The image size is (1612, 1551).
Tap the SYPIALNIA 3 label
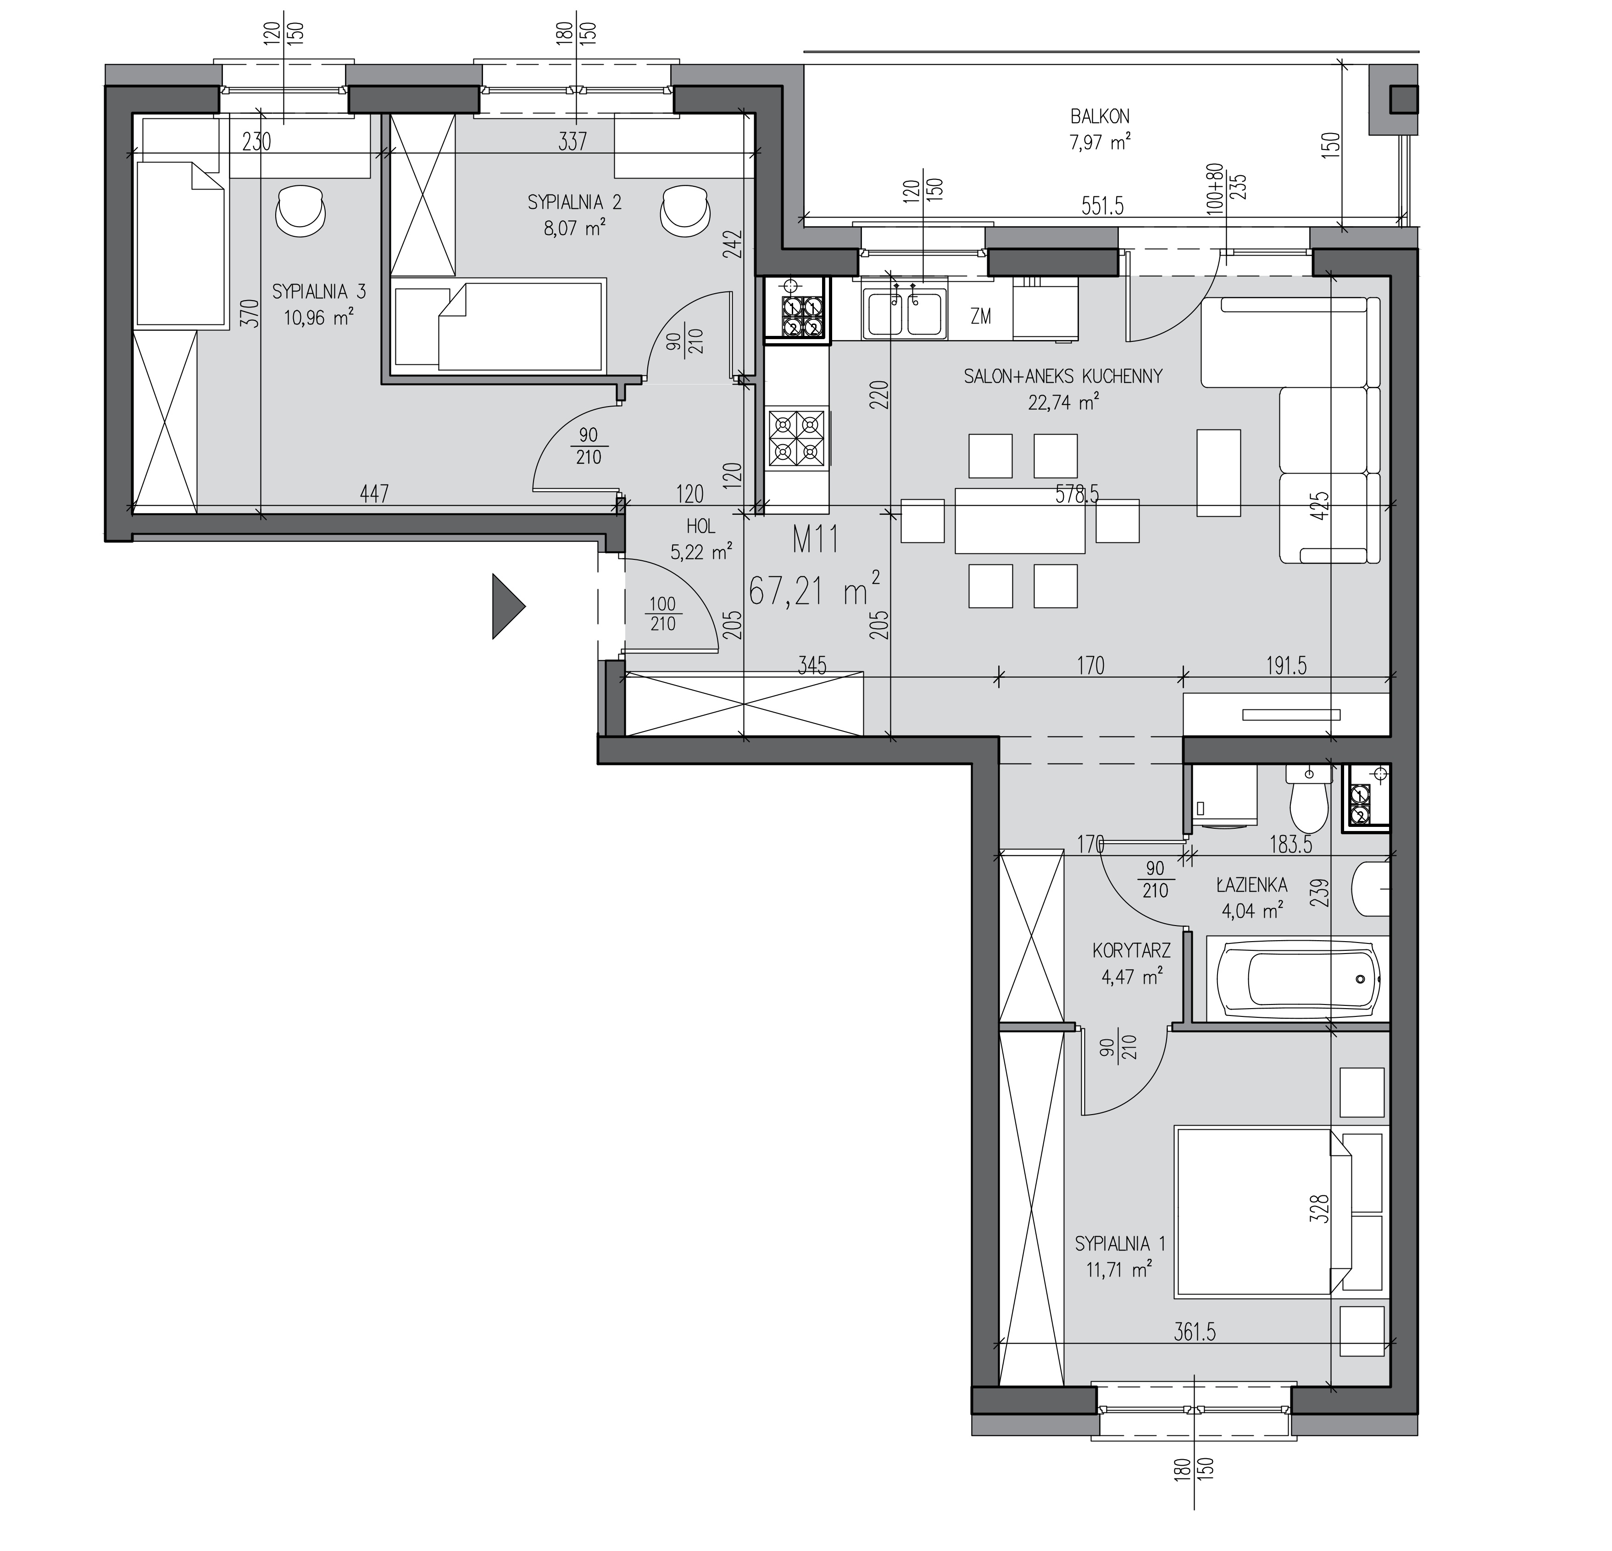319,291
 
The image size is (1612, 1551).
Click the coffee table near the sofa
1218,472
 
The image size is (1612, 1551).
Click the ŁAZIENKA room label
1252,885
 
